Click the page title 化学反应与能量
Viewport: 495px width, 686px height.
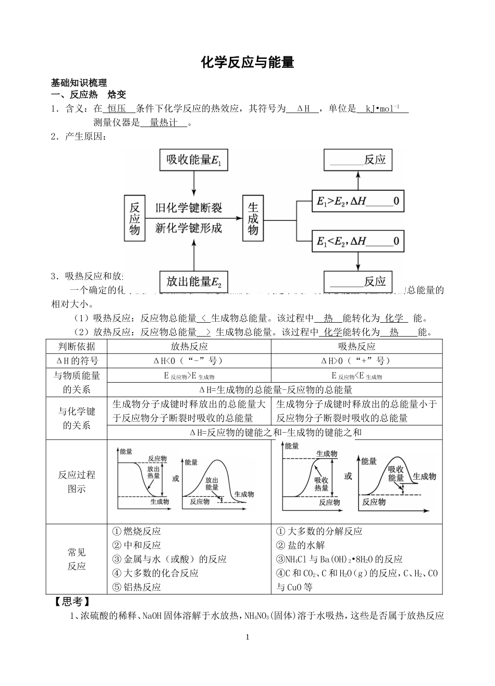coord(247,63)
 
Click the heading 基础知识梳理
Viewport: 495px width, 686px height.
coord(79,83)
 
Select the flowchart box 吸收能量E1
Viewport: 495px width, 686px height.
coord(194,160)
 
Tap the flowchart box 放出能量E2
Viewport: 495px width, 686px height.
coord(194,282)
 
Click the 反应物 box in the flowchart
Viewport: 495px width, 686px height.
coord(135,218)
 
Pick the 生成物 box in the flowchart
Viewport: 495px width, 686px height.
coord(253,218)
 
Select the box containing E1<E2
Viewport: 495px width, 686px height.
coord(357,241)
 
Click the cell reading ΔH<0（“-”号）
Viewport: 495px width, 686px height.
coord(189,361)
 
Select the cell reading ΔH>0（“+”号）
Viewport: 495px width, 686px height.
coord(356,361)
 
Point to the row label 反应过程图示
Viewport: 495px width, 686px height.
coord(77,482)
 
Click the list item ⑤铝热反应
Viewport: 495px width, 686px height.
coord(137,586)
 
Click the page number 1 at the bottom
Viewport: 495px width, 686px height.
coord(247,637)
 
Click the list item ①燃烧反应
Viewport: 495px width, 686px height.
coord(137,531)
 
